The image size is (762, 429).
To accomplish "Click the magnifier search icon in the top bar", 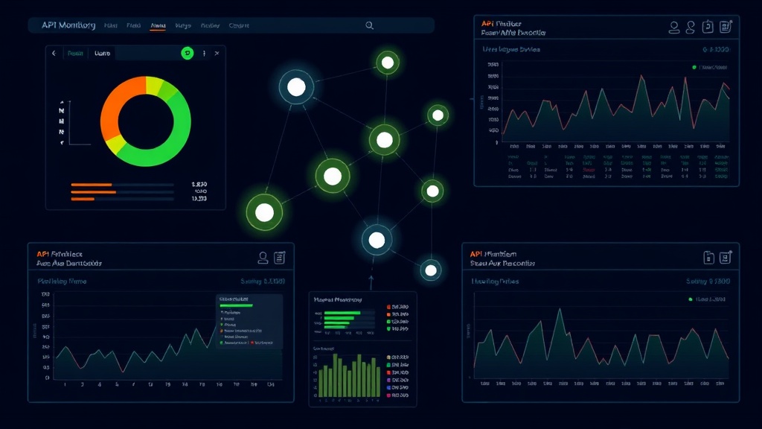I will tap(369, 25).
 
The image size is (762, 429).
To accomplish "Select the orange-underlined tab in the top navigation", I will tap(158, 25).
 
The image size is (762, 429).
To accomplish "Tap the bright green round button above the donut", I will tap(188, 53).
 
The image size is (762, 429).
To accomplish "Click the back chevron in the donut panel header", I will tap(54, 54).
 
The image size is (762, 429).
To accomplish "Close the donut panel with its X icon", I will tap(217, 54).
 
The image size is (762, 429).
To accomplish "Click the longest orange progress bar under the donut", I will tap(94, 192).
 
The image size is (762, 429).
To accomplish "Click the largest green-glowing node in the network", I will tap(264, 212).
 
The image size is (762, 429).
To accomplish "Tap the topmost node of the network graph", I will tap(387, 62).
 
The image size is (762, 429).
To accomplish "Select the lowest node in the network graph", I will tap(431, 270).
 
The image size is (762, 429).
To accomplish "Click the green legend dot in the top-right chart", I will tap(694, 67).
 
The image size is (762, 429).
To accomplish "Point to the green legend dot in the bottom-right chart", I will tap(691, 299).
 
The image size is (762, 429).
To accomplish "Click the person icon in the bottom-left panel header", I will tap(263, 258).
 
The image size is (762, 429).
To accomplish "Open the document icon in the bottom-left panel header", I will tap(280, 258).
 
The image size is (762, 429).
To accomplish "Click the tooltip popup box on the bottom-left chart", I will tap(249, 321).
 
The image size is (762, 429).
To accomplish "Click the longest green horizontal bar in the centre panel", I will tap(342, 313).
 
